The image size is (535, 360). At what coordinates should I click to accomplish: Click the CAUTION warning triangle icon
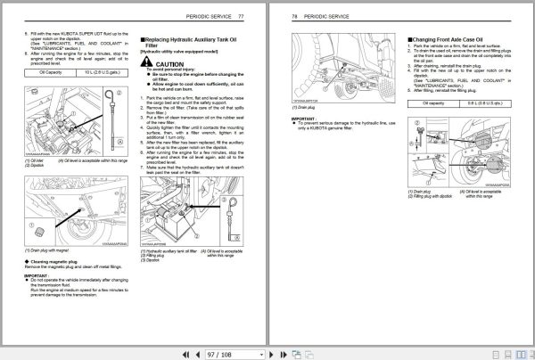148,64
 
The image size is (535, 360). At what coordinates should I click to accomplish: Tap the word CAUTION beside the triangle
169,64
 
